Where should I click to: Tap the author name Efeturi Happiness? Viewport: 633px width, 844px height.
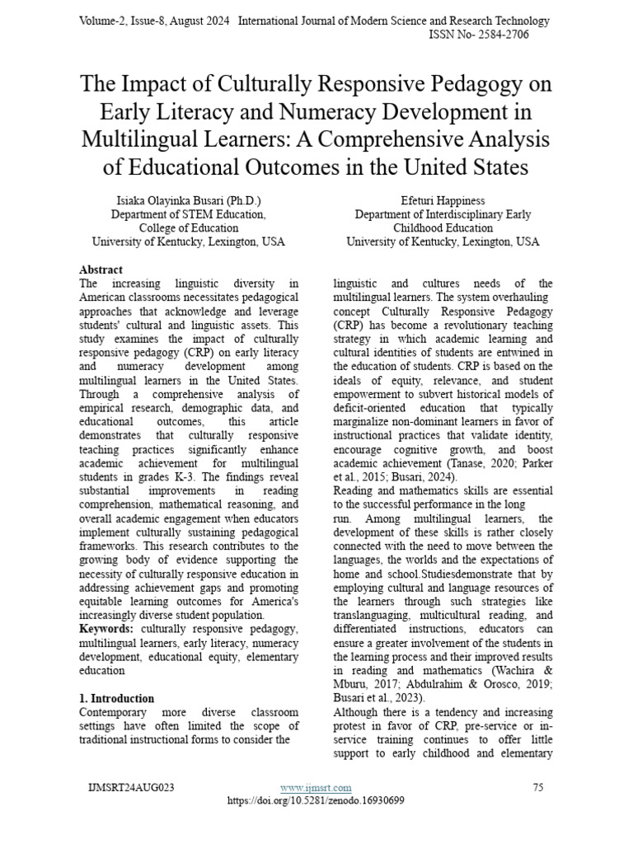(443, 199)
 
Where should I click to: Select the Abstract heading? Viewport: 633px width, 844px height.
(101, 270)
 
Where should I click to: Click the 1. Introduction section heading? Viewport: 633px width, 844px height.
(116, 698)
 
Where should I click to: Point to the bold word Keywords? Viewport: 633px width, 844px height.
(105, 629)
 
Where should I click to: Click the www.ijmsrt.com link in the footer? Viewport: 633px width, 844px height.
(316, 788)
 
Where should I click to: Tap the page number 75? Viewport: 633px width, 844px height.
(538, 788)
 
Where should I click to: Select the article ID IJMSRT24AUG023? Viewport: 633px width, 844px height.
(131, 788)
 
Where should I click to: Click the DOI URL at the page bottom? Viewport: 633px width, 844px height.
(316, 800)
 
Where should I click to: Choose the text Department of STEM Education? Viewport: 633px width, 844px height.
(189, 214)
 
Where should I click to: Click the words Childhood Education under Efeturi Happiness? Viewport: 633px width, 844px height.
(443, 228)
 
